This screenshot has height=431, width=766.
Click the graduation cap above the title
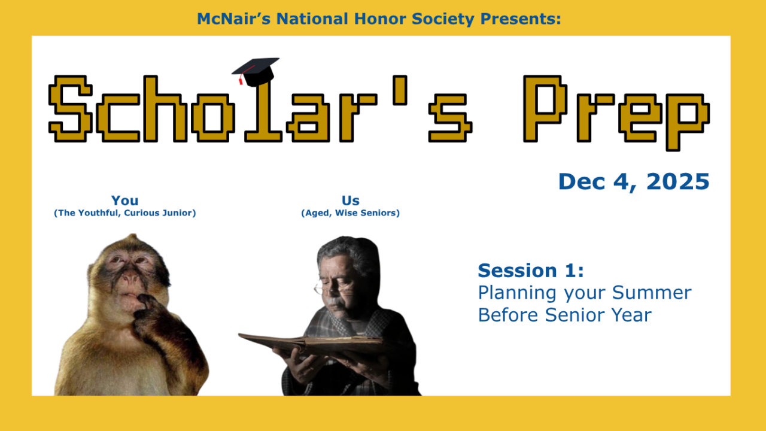click(x=256, y=71)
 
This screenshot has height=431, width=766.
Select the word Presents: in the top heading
click(x=521, y=19)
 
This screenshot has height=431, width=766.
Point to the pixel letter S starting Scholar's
click(x=71, y=108)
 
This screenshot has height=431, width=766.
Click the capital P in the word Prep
click(x=545, y=108)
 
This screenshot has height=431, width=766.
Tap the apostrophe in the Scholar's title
click(x=400, y=90)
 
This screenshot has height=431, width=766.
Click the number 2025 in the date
click(x=678, y=181)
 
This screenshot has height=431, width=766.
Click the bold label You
click(x=125, y=201)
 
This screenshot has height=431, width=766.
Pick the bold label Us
click(x=351, y=201)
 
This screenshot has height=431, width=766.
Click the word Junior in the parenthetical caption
click(x=177, y=213)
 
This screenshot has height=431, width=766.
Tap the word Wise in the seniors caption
click(x=346, y=213)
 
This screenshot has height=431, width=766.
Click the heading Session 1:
click(x=531, y=271)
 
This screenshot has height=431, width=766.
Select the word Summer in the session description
click(x=652, y=293)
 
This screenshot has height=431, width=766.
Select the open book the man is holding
click(x=311, y=343)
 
